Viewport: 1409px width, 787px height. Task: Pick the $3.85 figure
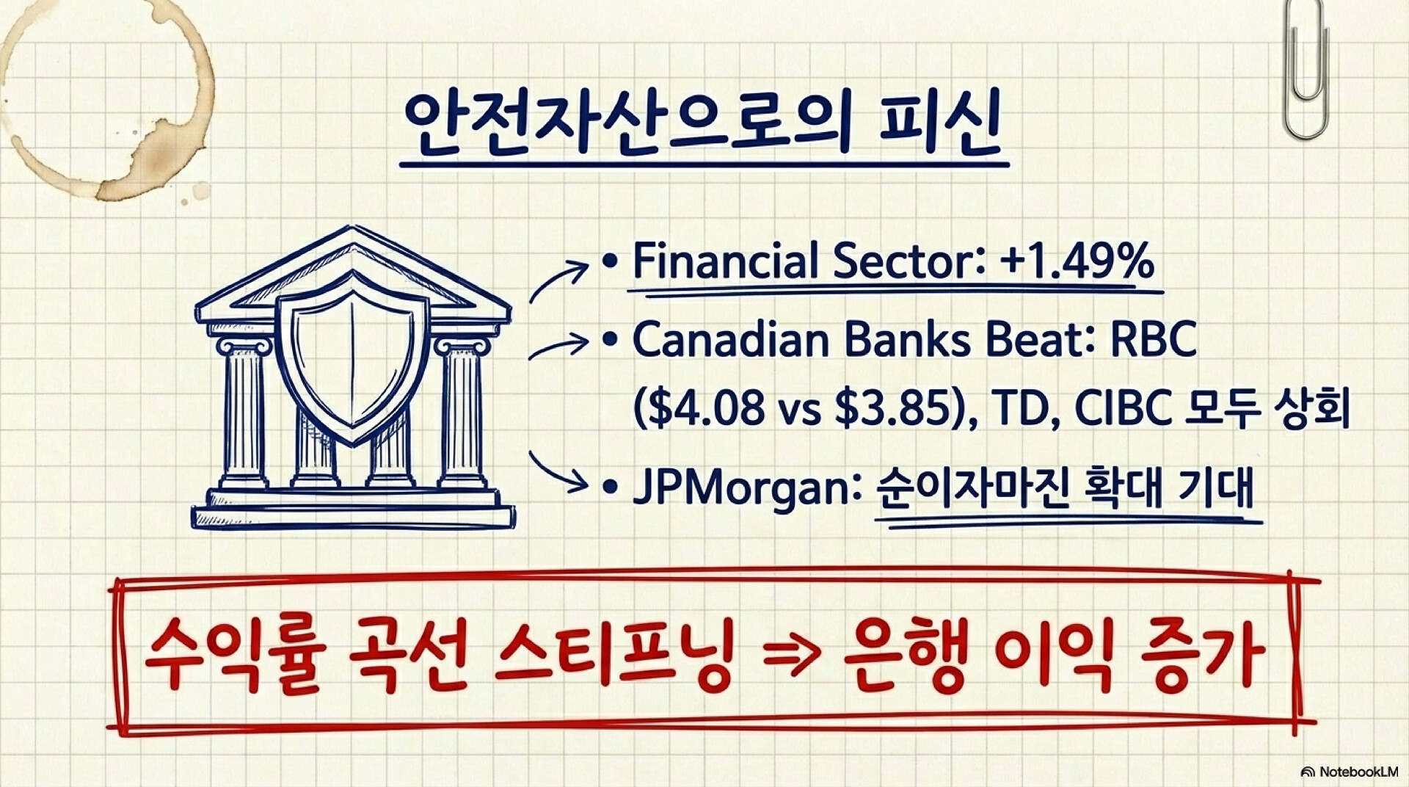click(x=891, y=409)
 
